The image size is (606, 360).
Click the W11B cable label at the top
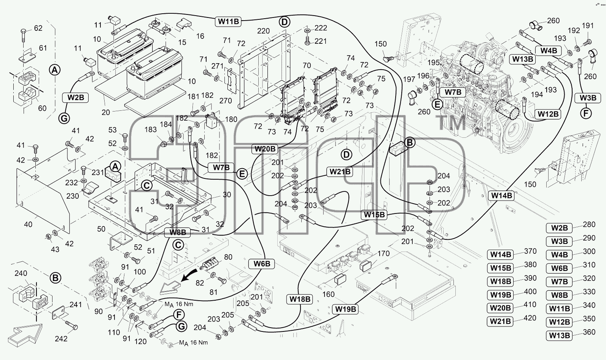click(228, 21)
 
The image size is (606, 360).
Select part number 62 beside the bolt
click(38, 28)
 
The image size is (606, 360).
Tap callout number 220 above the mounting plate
click(263, 31)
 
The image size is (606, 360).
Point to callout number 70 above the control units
click(307, 65)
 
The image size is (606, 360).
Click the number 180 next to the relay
click(231, 119)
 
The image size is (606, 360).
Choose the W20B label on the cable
click(265, 149)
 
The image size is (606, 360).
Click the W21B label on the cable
click(340, 172)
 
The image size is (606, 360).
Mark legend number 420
click(530, 318)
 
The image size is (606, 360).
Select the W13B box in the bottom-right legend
click(560, 336)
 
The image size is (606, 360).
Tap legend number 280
click(589, 225)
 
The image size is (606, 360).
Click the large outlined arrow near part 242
click(25, 335)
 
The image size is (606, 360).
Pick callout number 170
click(383, 253)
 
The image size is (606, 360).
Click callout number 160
click(328, 294)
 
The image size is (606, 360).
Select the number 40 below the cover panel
click(28, 225)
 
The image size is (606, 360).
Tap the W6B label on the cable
click(262, 264)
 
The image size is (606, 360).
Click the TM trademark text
click(451, 123)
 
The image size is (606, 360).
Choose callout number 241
click(76, 304)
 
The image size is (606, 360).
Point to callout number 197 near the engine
click(409, 79)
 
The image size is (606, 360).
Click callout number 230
click(73, 196)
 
